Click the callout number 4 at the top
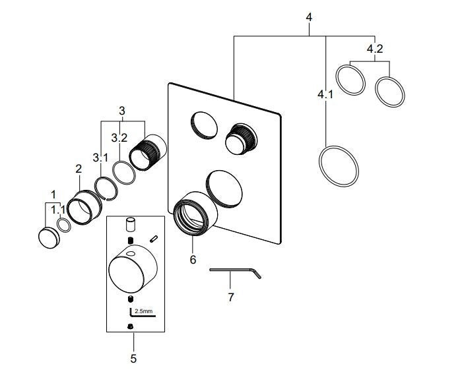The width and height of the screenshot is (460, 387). coord(309,17)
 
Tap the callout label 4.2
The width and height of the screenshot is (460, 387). coord(375,49)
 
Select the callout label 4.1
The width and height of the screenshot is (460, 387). coord(325,95)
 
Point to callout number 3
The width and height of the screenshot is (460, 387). coord(122,111)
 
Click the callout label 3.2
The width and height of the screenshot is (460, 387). coord(119,138)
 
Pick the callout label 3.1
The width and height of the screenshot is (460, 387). coord(100,158)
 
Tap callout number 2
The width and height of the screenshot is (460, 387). coord(79,169)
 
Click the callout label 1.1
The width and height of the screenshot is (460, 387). coord(58,210)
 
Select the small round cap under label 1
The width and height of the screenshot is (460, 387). coord(49,237)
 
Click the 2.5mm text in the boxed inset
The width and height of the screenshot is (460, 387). coord(144,311)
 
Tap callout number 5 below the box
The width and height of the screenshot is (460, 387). coord(133,359)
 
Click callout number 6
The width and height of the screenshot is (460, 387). coord(193,260)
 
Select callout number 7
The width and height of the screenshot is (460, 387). coord(231,297)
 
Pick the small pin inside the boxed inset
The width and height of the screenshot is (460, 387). coord(154,239)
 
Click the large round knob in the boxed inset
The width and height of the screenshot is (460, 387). coord(133,269)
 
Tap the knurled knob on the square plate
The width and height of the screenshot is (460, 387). coord(241,139)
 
